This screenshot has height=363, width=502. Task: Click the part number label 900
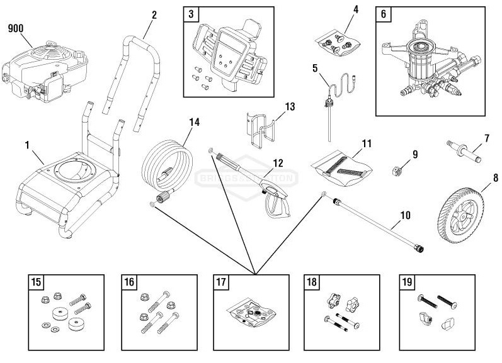[x=16, y=28]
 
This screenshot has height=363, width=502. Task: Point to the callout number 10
[x=405, y=215]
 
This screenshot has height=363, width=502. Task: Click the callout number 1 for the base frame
[x=28, y=145]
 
